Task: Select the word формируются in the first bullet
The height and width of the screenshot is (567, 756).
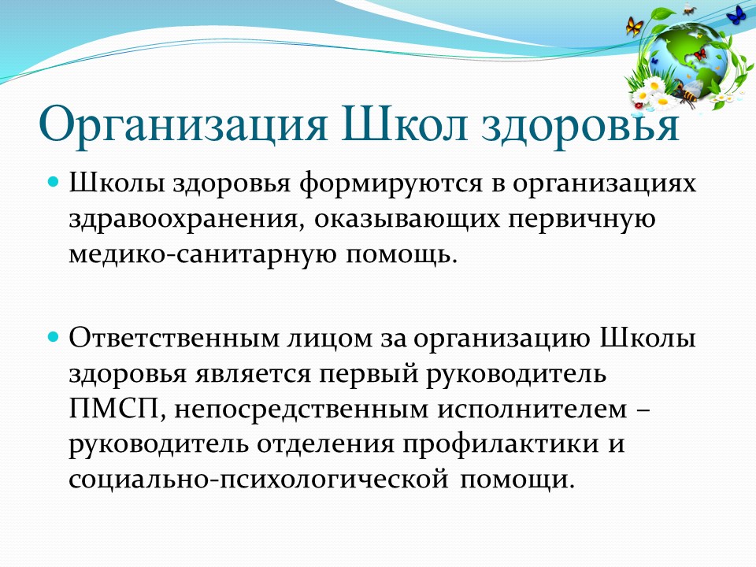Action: pos(391,184)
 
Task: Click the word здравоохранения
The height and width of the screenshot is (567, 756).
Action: pos(187,220)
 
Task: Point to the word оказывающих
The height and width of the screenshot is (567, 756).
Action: pos(407,220)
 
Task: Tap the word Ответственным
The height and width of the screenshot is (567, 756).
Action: pos(174,338)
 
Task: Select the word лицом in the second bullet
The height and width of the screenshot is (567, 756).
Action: pos(331,339)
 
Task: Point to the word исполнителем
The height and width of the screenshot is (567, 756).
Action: pos(533,409)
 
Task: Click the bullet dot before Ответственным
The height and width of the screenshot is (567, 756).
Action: pos(54,336)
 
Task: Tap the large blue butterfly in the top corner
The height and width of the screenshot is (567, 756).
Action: pos(736,14)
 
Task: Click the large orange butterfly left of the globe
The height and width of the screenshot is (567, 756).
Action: pos(635,26)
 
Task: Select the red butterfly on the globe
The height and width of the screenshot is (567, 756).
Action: pos(699,54)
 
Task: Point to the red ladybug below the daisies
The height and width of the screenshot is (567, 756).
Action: pos(639,105)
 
